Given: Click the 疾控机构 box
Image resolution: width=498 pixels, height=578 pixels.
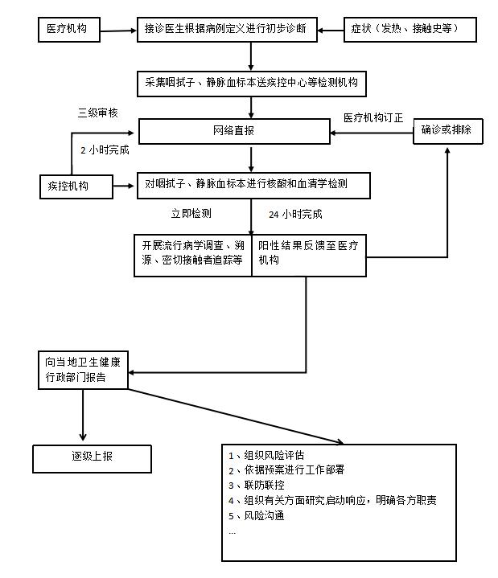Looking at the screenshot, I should pyautogui.click(x=76, y=187).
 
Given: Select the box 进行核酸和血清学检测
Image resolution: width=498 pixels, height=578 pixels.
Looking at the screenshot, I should pyautogui.click(x=253, y=185).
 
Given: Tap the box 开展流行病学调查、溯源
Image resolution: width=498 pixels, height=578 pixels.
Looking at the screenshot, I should pyautogui.click(x=193, y=255).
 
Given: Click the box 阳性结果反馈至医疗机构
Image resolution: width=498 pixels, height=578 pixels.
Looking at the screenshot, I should pyautogui.click(x=311, y=255).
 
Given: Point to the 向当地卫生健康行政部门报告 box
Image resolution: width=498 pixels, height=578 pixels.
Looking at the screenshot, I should pyautogui.click(x=83, y=369).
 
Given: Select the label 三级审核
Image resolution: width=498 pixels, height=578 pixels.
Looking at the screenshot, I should pyautogui.click(x=97, y=113).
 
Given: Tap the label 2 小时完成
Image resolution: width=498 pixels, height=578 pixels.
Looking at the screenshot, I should pyautogui.click(x=105, y=150).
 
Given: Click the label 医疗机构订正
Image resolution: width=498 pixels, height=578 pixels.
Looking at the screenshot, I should pyautogui.click(x=373, y=117).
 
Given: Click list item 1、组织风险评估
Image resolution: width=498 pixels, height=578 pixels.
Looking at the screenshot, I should pyautogui.click(x=266, y=455).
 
